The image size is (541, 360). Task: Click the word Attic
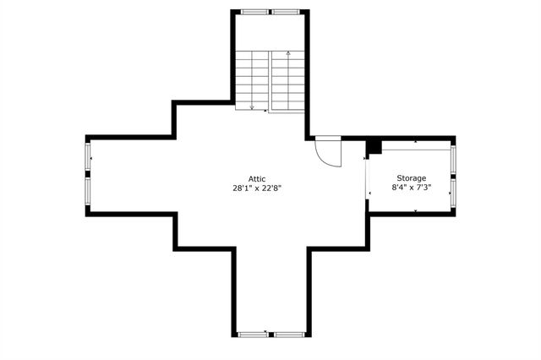pyautogui.click(x=257, y=178)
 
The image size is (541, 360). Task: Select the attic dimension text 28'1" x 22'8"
pyautogui.click(x=257, y=188)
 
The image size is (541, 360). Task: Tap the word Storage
pyautogui.click(x=412, y=178)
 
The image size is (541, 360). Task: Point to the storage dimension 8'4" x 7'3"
pyautogui.click(x=412, y=188)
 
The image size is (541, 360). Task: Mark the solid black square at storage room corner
pyautogui.click(x=374, y=147)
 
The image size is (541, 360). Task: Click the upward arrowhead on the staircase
pyautogui.click(x=288, y=54)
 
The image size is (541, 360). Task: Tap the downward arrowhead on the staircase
pyautogui.click(x=252, y=106)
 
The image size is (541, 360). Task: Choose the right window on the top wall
pyautogui.click(x=286, y=12)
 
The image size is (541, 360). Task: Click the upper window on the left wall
pyautogui.click(x=88, y=158)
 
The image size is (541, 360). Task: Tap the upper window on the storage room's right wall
pyautogui.click(x=453, y=160)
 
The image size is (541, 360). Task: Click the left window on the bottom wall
pyautogui.click(x=252, y=335)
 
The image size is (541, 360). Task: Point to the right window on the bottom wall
pyautogui.click(x=287, y=335)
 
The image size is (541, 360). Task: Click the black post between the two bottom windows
pyautogui.click(x=270, y=335)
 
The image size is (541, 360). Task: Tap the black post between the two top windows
pyautogui.click(x=270, y=12)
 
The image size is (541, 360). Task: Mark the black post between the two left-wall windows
pyautogui.click(x=88, y=175)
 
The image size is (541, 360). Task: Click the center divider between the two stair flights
pyautogui.click(x=270, y=80)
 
